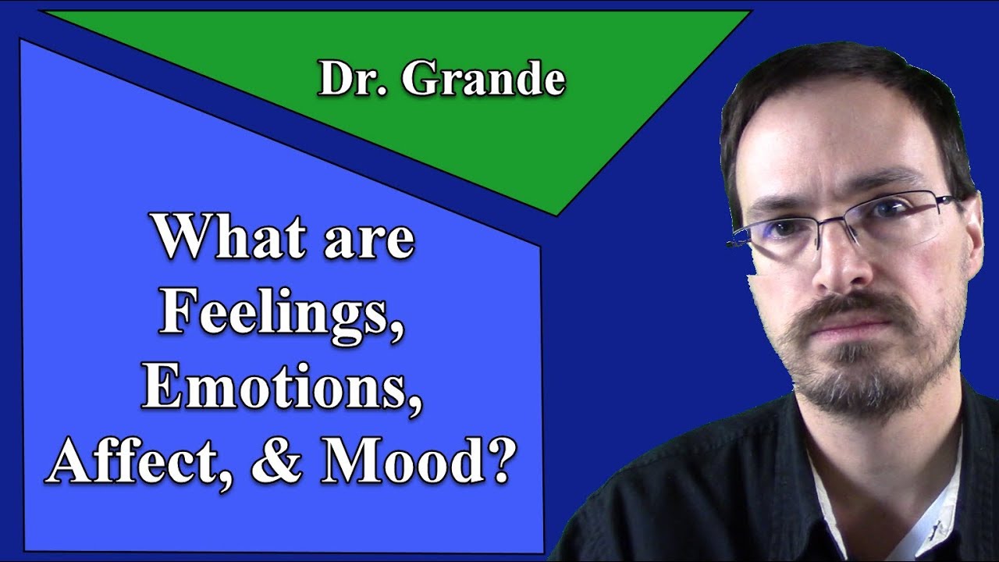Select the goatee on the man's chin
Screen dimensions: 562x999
click(x=866, y=382)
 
